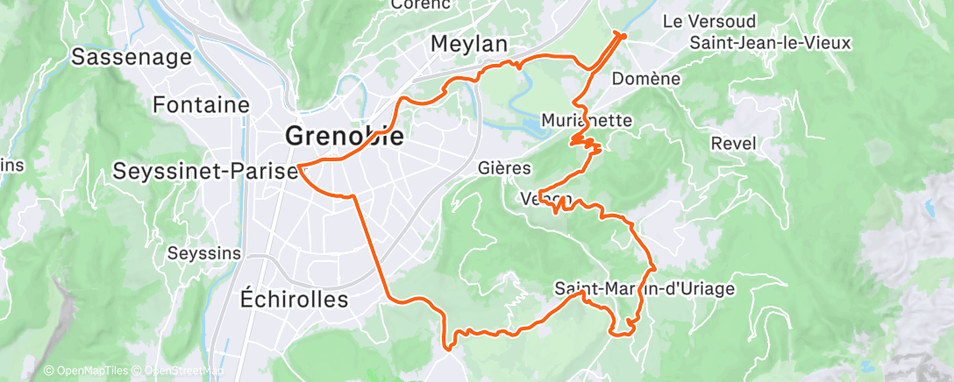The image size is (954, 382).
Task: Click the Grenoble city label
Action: [x=345, y=137]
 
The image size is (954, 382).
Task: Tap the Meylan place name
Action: [x=470, y=44]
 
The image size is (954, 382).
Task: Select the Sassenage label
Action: [x=132, y=58]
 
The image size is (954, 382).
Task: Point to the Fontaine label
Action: [x=201, y=105]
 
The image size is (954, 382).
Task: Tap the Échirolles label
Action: [x=294, y=299]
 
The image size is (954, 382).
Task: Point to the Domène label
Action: [x=647, y=79]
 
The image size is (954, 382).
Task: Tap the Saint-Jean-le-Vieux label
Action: [x=758, y=42]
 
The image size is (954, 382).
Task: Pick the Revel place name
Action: [x=732, y=144]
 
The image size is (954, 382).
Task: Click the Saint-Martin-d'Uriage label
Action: [x=644, y=287]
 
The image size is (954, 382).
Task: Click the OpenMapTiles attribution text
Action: [x=86, y=371]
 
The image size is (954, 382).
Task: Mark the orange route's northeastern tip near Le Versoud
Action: [x=623, y=34]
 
